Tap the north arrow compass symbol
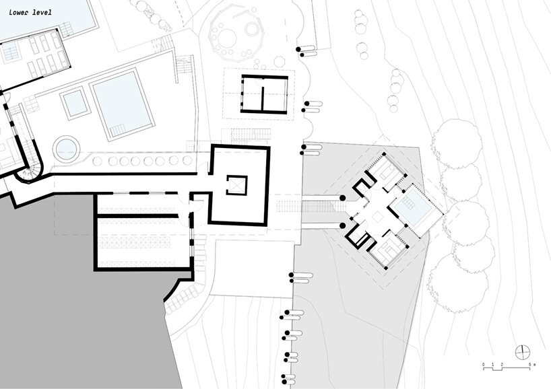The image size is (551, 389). pos(522,352)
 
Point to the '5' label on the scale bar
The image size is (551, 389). pos(530,365)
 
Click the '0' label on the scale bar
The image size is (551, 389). pos(484,365)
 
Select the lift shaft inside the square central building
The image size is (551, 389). pos(236,185)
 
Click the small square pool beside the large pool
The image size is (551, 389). pos(74,103)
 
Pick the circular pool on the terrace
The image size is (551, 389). pos(66,149)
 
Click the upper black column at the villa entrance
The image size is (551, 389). pos(343,199)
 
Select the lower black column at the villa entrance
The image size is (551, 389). pos(343,225)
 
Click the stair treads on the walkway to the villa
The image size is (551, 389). pos(289,206)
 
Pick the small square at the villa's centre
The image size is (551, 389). pos(377,216)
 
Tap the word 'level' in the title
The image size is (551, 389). pos(42,13)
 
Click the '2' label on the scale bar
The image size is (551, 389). pos(502,365)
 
